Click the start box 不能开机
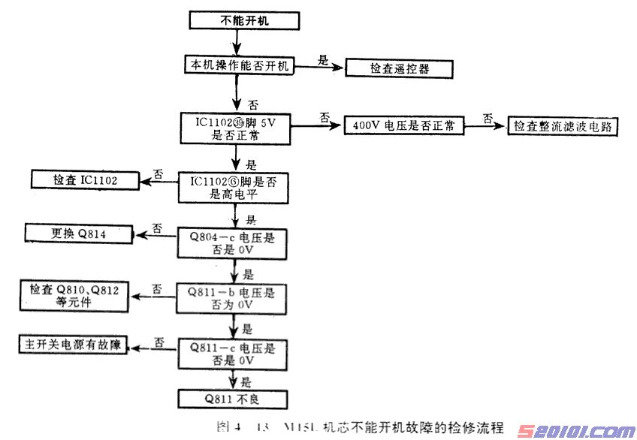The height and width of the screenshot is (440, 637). [x=234, y=21]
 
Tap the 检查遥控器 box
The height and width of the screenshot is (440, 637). [x=400, y=68]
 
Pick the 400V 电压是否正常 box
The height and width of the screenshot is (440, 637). [x=403, y=125]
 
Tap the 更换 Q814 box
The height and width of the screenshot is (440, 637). [x=80, y=234]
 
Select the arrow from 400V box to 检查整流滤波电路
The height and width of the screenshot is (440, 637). [x=485, y=125]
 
